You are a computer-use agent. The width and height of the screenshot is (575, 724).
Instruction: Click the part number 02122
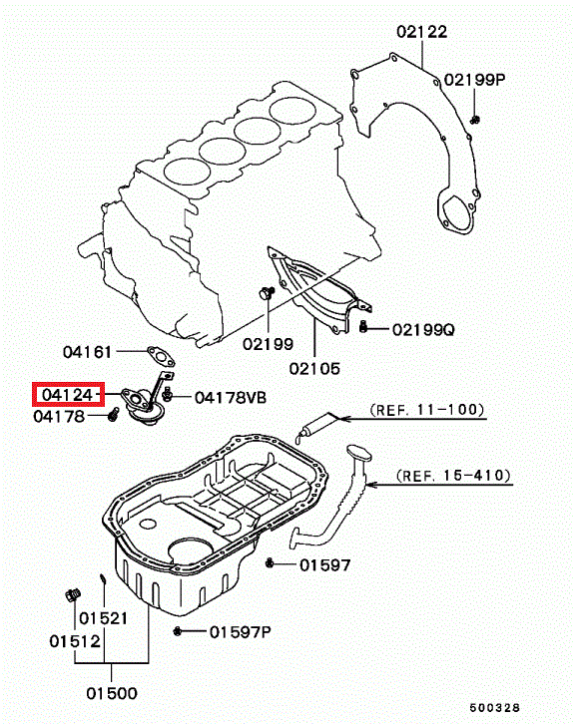[x=422, y=32]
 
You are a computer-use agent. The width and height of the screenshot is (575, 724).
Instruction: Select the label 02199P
[x=475, y=80]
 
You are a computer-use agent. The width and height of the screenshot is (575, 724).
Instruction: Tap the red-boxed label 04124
[x=69, y=395]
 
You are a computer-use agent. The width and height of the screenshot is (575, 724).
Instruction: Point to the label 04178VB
[x=231, y=398]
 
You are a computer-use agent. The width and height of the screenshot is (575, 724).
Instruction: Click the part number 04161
[x=88, y=352]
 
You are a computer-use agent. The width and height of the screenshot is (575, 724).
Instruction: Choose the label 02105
[x=314, y=368]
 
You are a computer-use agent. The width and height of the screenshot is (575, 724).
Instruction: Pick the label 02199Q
[x=423, y=330]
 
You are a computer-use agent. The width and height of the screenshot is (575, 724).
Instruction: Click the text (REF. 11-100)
[x=427, y=410]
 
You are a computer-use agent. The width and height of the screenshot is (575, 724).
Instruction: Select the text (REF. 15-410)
[x=454, y=475]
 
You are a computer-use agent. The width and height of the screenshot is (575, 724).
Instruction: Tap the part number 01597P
[x=241, y=632]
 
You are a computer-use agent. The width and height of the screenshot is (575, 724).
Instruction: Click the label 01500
[x=112, y=693]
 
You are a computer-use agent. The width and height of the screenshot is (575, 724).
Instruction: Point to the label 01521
[x=103, y=618]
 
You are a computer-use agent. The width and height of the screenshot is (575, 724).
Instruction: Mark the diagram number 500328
[x=495, y=708]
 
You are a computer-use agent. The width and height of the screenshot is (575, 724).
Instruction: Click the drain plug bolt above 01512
[x=73, y=594]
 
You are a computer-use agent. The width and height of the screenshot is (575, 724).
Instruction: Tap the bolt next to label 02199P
[x=475, y=120]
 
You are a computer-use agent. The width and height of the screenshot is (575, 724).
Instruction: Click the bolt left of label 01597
[x=270, y=563]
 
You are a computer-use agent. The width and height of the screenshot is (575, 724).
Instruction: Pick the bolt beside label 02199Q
[x=363, y=327]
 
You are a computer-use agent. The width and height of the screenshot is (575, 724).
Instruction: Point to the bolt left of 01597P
[x=177, y=631]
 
